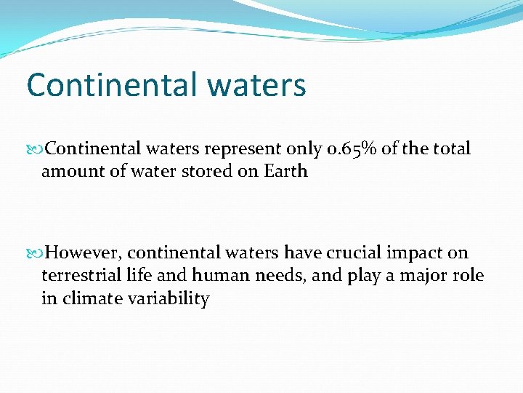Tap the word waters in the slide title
pyautogui.click(x=256, y=85)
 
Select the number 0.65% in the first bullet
pyautogui.click(x=352, y=149)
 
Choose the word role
pyautogui.click(x=468, y=277)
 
